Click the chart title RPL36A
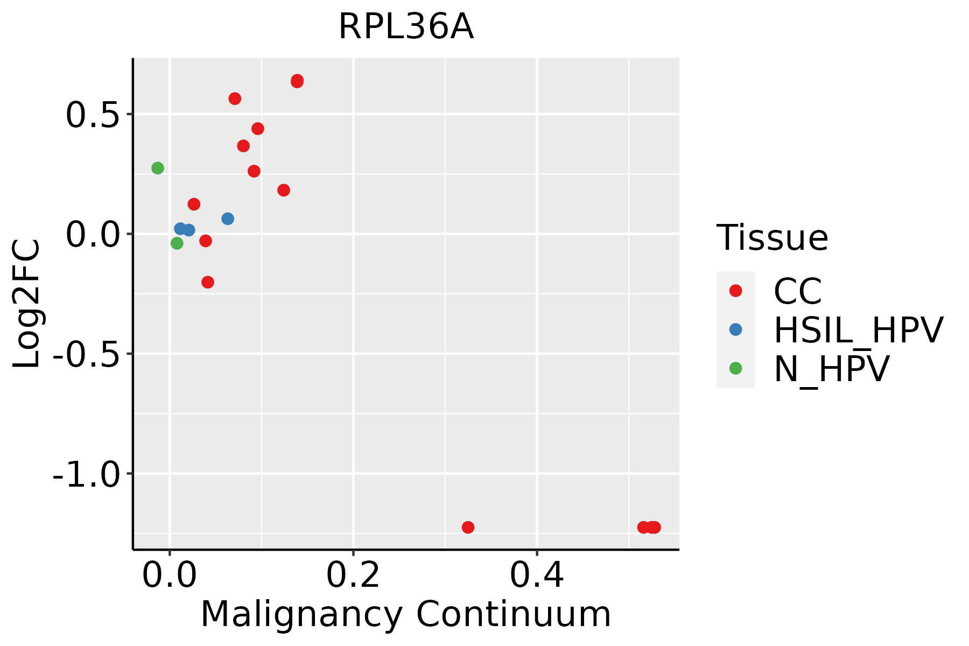pyautogui.click(x=406, y=27)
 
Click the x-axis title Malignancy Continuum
pyautogui.click(x=406, y=614)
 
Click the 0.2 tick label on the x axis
pyautogui.click(x=353, y=575)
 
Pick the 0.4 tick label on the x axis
pyautogui.click(x=537, y=575)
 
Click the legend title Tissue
pyautogui.click(x=772, y=237)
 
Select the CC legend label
pyautogui.click(x=798, y=291)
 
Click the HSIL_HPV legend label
pyautogui.click(x=858, y=330)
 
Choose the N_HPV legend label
pyautogui.click(x=831, y=369)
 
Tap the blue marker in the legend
pyautogui.click(x=735, y=329)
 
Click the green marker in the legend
pyautogui.click(x=735, y=368)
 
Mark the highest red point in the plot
pyautogui.click(x=297, y=81)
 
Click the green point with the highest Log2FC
pyautogui.click(x=158, y=168)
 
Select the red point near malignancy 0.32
pyautogui.click(x=468, y=527)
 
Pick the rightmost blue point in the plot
pyautogui.click(x=228, y=219)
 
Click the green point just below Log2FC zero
pyautogui.click(x=177, y=243)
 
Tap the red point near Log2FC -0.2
pyautogui.click(x=208, y=282)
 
